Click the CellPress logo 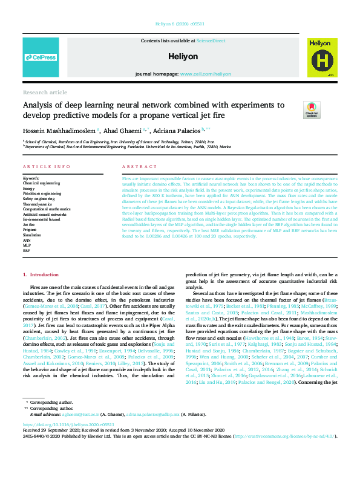coord(41,57)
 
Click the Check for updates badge coord(312,109)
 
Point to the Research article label coord(45,92)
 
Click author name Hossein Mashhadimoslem coord(60,130)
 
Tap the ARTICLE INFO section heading coord(45,166)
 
